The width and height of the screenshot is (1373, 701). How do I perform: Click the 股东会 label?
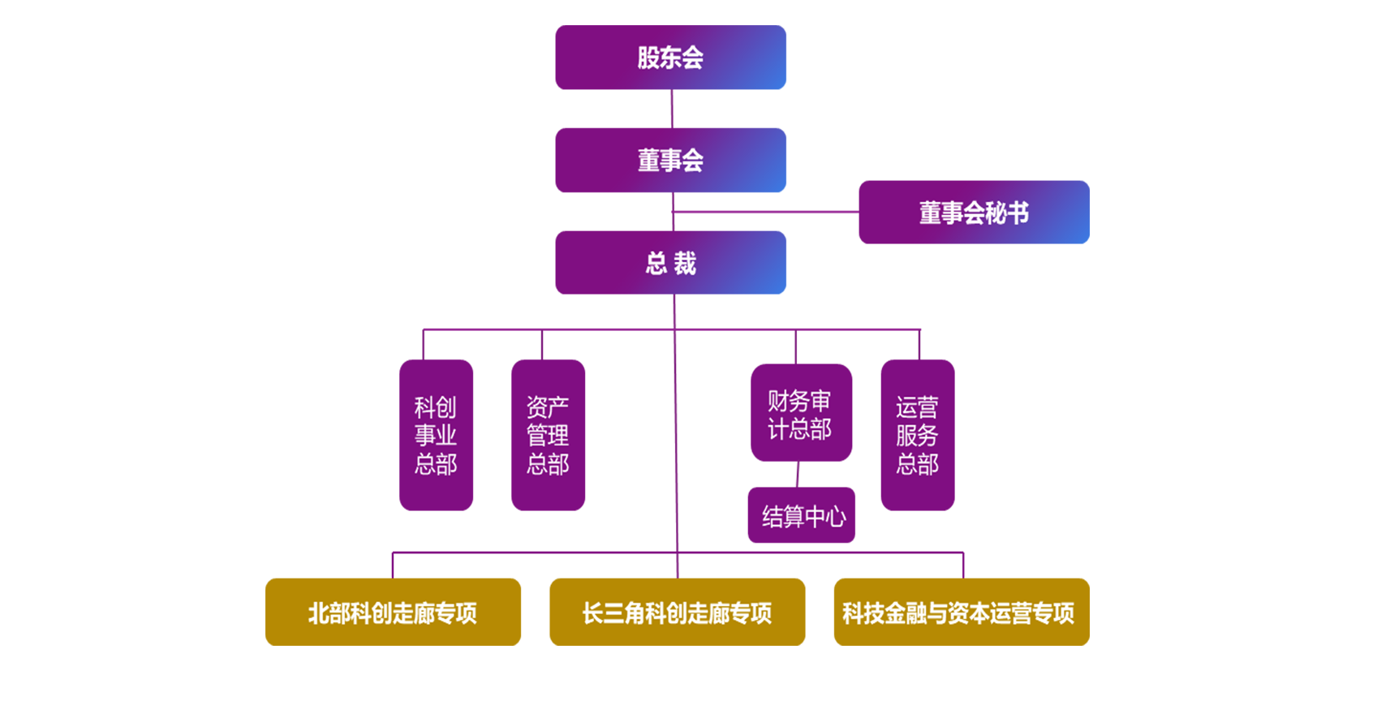click(670, 58)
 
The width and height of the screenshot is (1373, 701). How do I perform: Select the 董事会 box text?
click(670, 161)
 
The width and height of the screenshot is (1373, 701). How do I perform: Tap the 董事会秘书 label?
click(974, 213)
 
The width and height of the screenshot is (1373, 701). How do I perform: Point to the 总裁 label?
click(671, 264)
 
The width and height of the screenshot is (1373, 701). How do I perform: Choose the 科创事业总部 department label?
click(436, 436)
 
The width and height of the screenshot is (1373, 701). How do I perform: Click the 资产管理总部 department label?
click(548, 436)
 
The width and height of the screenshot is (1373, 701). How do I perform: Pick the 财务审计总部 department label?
click(799, 415)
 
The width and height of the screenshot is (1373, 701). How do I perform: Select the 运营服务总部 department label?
click(917, 436)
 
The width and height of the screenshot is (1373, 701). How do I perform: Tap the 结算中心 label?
click(804, 517)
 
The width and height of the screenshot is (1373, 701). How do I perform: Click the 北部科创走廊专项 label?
click(393, 613)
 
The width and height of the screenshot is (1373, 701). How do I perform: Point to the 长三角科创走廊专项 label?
click(677, 613)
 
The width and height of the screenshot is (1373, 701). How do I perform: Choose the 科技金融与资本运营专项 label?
click(958, 613)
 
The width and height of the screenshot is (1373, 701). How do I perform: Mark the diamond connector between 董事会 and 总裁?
click(670, 212)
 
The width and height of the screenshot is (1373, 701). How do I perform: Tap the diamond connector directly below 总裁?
click(674, 311)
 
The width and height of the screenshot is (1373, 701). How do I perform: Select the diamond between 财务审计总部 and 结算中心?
click(798, 474)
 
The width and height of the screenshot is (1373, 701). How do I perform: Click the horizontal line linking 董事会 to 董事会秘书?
click(755, 212)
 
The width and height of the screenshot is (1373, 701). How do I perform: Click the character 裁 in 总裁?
click(686, 264)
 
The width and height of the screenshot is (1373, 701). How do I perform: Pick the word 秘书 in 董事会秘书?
click(1007, 213)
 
